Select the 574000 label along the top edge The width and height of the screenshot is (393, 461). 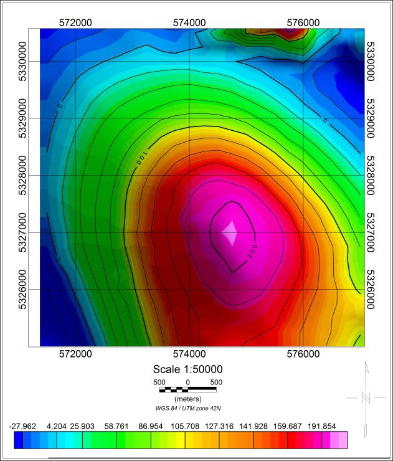click(189, 22)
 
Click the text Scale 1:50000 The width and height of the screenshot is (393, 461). click(188, 369)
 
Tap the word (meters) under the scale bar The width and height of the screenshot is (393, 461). click(187, 398)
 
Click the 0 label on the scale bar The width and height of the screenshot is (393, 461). click(187, 382)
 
